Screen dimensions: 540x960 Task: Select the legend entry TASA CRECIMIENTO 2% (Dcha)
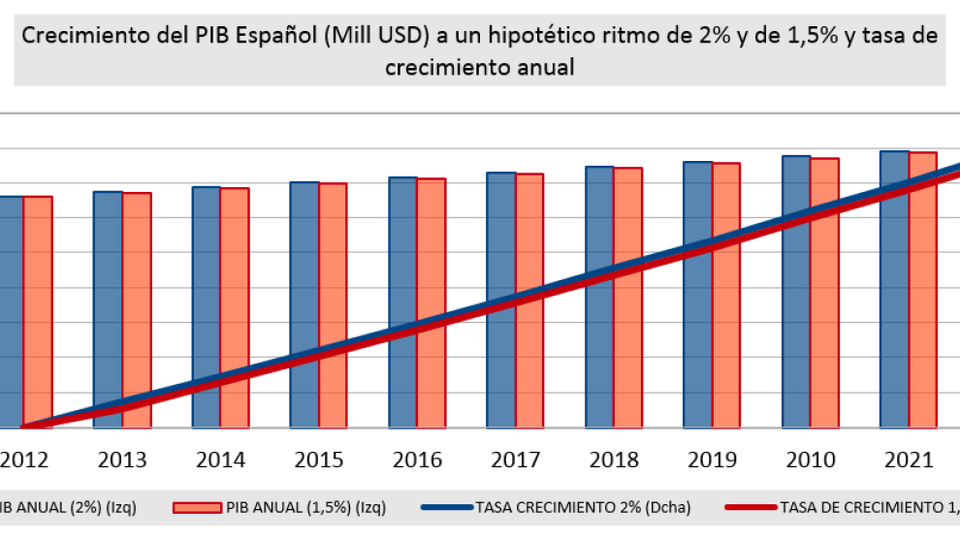583,506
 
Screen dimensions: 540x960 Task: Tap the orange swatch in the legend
197,506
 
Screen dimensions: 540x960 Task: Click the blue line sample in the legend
447,506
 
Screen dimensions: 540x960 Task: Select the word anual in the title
549,68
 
